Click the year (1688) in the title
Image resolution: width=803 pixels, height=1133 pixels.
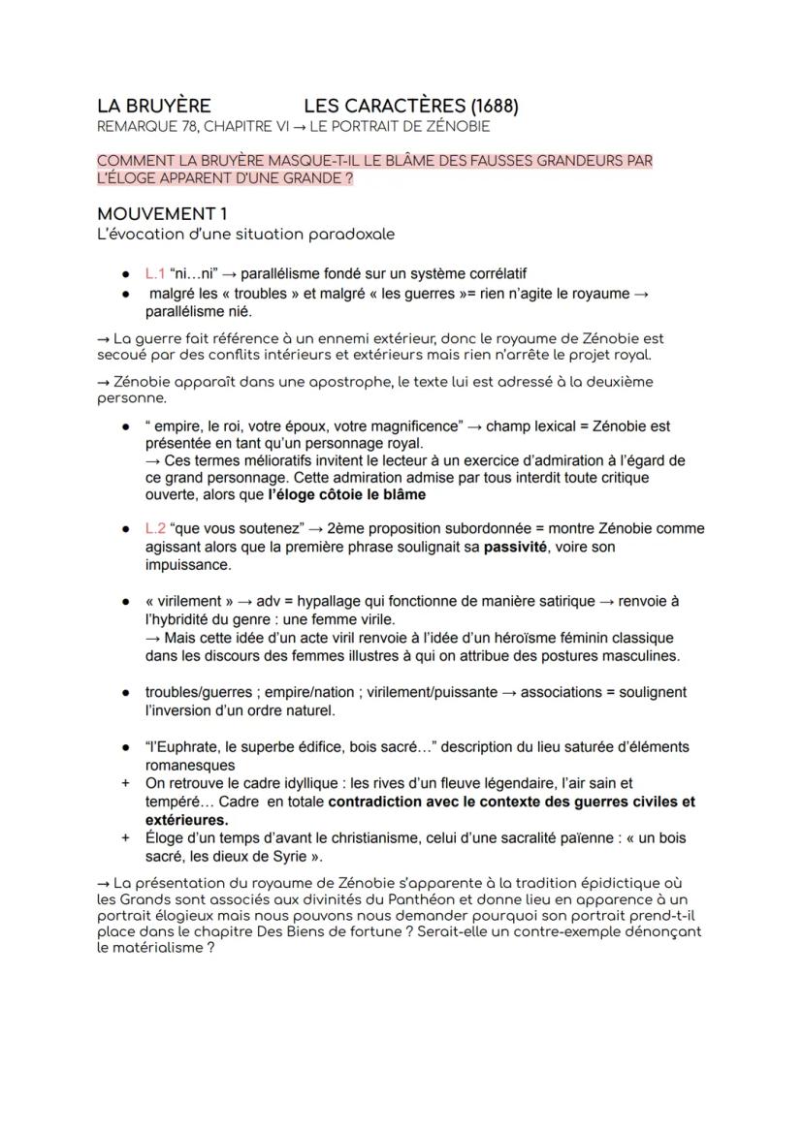tap(494, 106)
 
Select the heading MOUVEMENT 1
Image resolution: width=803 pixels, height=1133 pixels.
tap(162, 213)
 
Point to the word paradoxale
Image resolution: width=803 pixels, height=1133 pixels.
tap(351, 234)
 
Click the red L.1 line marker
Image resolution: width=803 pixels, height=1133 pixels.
tap(155, 274)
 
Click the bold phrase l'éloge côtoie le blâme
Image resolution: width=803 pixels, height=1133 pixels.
tap(346, 494)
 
